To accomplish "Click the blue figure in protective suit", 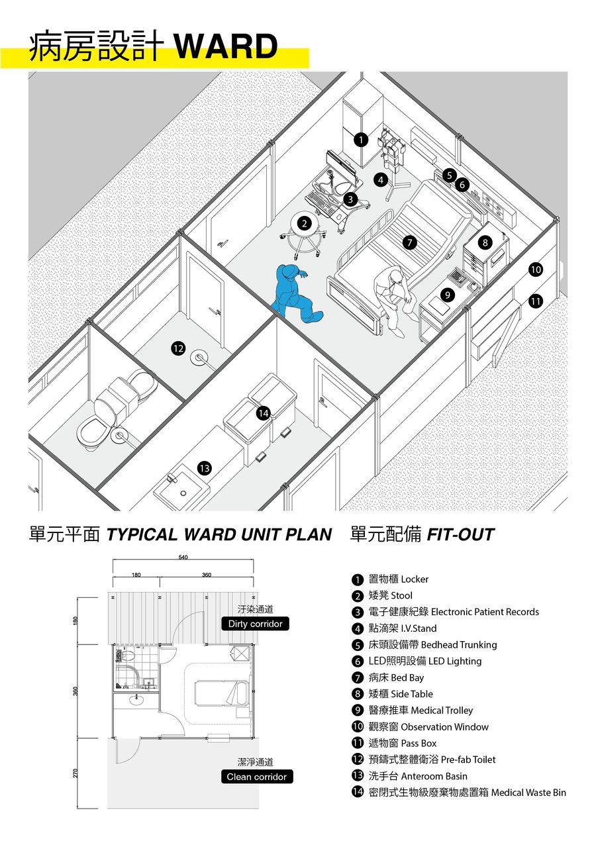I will (x=295, y=294).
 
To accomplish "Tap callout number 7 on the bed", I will (x=411, y=242).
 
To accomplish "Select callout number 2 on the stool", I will (x=305, y=224).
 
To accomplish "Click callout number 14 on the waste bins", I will (x=264, y=414).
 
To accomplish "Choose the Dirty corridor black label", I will (x=255, y=624).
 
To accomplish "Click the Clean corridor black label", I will (x=257, y=777).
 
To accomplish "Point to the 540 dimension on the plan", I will (x=183, y=558).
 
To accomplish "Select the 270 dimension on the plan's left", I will (x=76, y=773).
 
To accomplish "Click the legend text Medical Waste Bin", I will (x=528, y=793).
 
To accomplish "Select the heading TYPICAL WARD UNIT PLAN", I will (x=219, y=534).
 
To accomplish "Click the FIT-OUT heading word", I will (x=460, y=534).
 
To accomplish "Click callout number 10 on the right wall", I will (x=536, y=270).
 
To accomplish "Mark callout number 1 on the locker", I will (x=360, y=140).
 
